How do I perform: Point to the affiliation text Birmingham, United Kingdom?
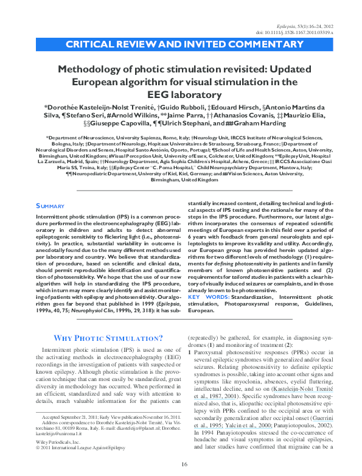pos(183,164)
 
